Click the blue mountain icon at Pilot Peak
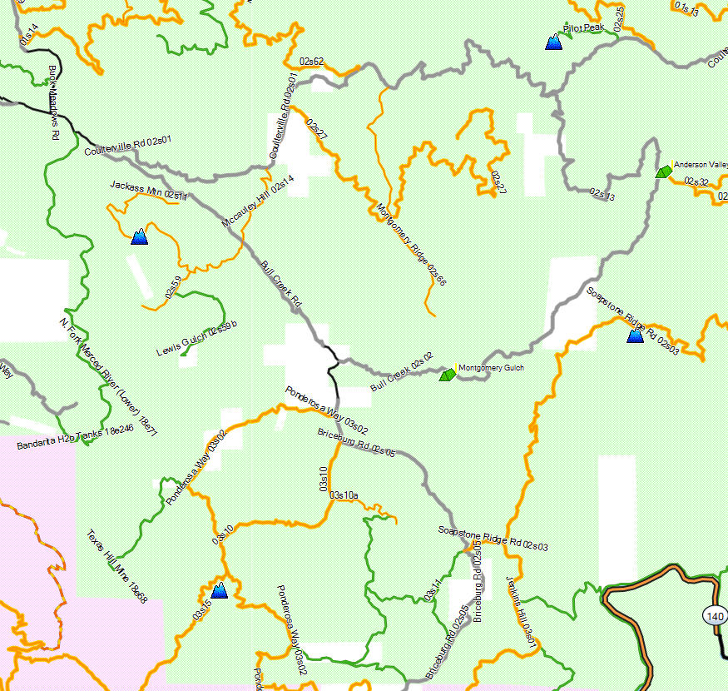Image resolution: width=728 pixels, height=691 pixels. [552, 42]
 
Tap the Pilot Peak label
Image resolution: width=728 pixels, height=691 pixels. [583, 28]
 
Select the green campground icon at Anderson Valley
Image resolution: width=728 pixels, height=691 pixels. [664, 172]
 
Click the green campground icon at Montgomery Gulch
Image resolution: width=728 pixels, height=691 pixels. [447, 375]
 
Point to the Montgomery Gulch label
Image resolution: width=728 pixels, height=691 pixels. [492, 367]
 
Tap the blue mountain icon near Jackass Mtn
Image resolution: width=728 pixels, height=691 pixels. [139, 237]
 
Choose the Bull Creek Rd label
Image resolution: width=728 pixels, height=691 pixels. [280, 286]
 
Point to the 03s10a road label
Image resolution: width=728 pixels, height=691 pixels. [344, 495]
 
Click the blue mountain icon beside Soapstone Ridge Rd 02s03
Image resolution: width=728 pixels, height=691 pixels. [635, 336]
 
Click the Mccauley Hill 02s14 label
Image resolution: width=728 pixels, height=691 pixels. [258, 204]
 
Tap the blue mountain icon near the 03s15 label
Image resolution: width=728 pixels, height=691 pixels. [219, 591]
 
